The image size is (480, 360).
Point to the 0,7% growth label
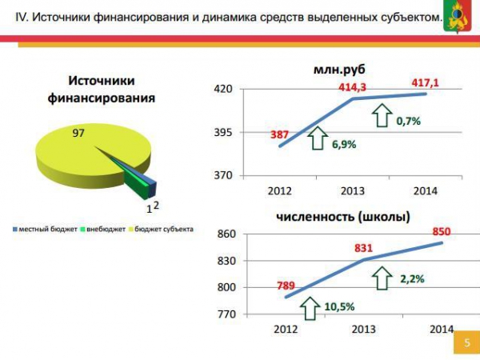tap(407, 121)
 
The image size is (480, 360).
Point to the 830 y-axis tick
tap(226, 261)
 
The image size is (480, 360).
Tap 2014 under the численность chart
tap(441, 329)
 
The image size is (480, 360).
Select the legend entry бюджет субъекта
tap(165, 230)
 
